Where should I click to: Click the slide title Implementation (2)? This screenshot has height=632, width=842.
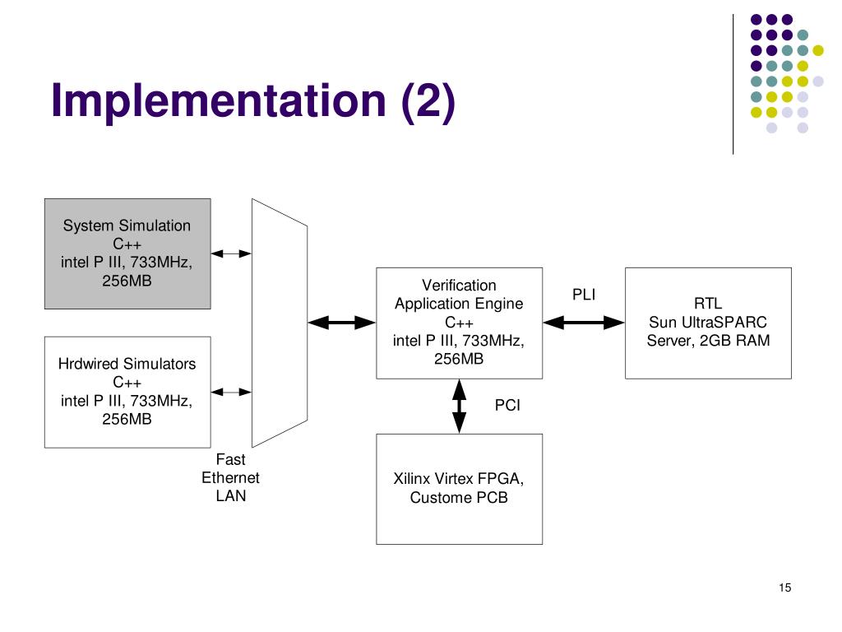pyautogui.click(x=253, y=101)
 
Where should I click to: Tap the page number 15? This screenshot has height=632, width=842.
pyautogui.click(x=784, y=588)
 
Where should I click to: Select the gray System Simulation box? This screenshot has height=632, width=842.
pyautogui.click(x=127, y=253)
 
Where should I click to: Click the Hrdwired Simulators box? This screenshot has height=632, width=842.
pyautogui.click(x=127, y=392)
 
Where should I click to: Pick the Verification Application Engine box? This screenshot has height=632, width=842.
pyautogui.click(x=459, y=323)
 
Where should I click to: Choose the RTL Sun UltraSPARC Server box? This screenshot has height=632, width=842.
pyautogui.click(x=708, y=323)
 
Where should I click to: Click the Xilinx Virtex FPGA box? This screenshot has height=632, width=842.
pyautogui.click(x=459, y=489)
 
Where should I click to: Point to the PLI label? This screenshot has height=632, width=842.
pyautogui.click(x=584, y=295)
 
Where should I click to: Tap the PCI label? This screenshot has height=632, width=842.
pyautogui.click(x=507, y=405)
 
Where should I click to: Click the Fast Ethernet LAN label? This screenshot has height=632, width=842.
pyautogui.click(x=230, y=478)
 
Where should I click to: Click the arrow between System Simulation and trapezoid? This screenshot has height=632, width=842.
pyautogui.click(x=231, y=253)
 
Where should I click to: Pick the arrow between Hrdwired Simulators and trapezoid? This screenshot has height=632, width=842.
pyautogui.click(x=231, y=392)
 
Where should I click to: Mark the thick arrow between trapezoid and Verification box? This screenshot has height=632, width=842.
pyautogui.click(x=342, y=323)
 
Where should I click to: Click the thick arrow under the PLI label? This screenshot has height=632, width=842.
pyautogui.click(x=584, y=323)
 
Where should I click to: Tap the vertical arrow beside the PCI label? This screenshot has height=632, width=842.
pyautogui.click(x=459, y=407)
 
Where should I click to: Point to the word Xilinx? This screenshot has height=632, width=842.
pyautogui.click(x=411, y=478)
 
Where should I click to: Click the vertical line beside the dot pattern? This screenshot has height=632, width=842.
pyautogui.click(x=733, y=85)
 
